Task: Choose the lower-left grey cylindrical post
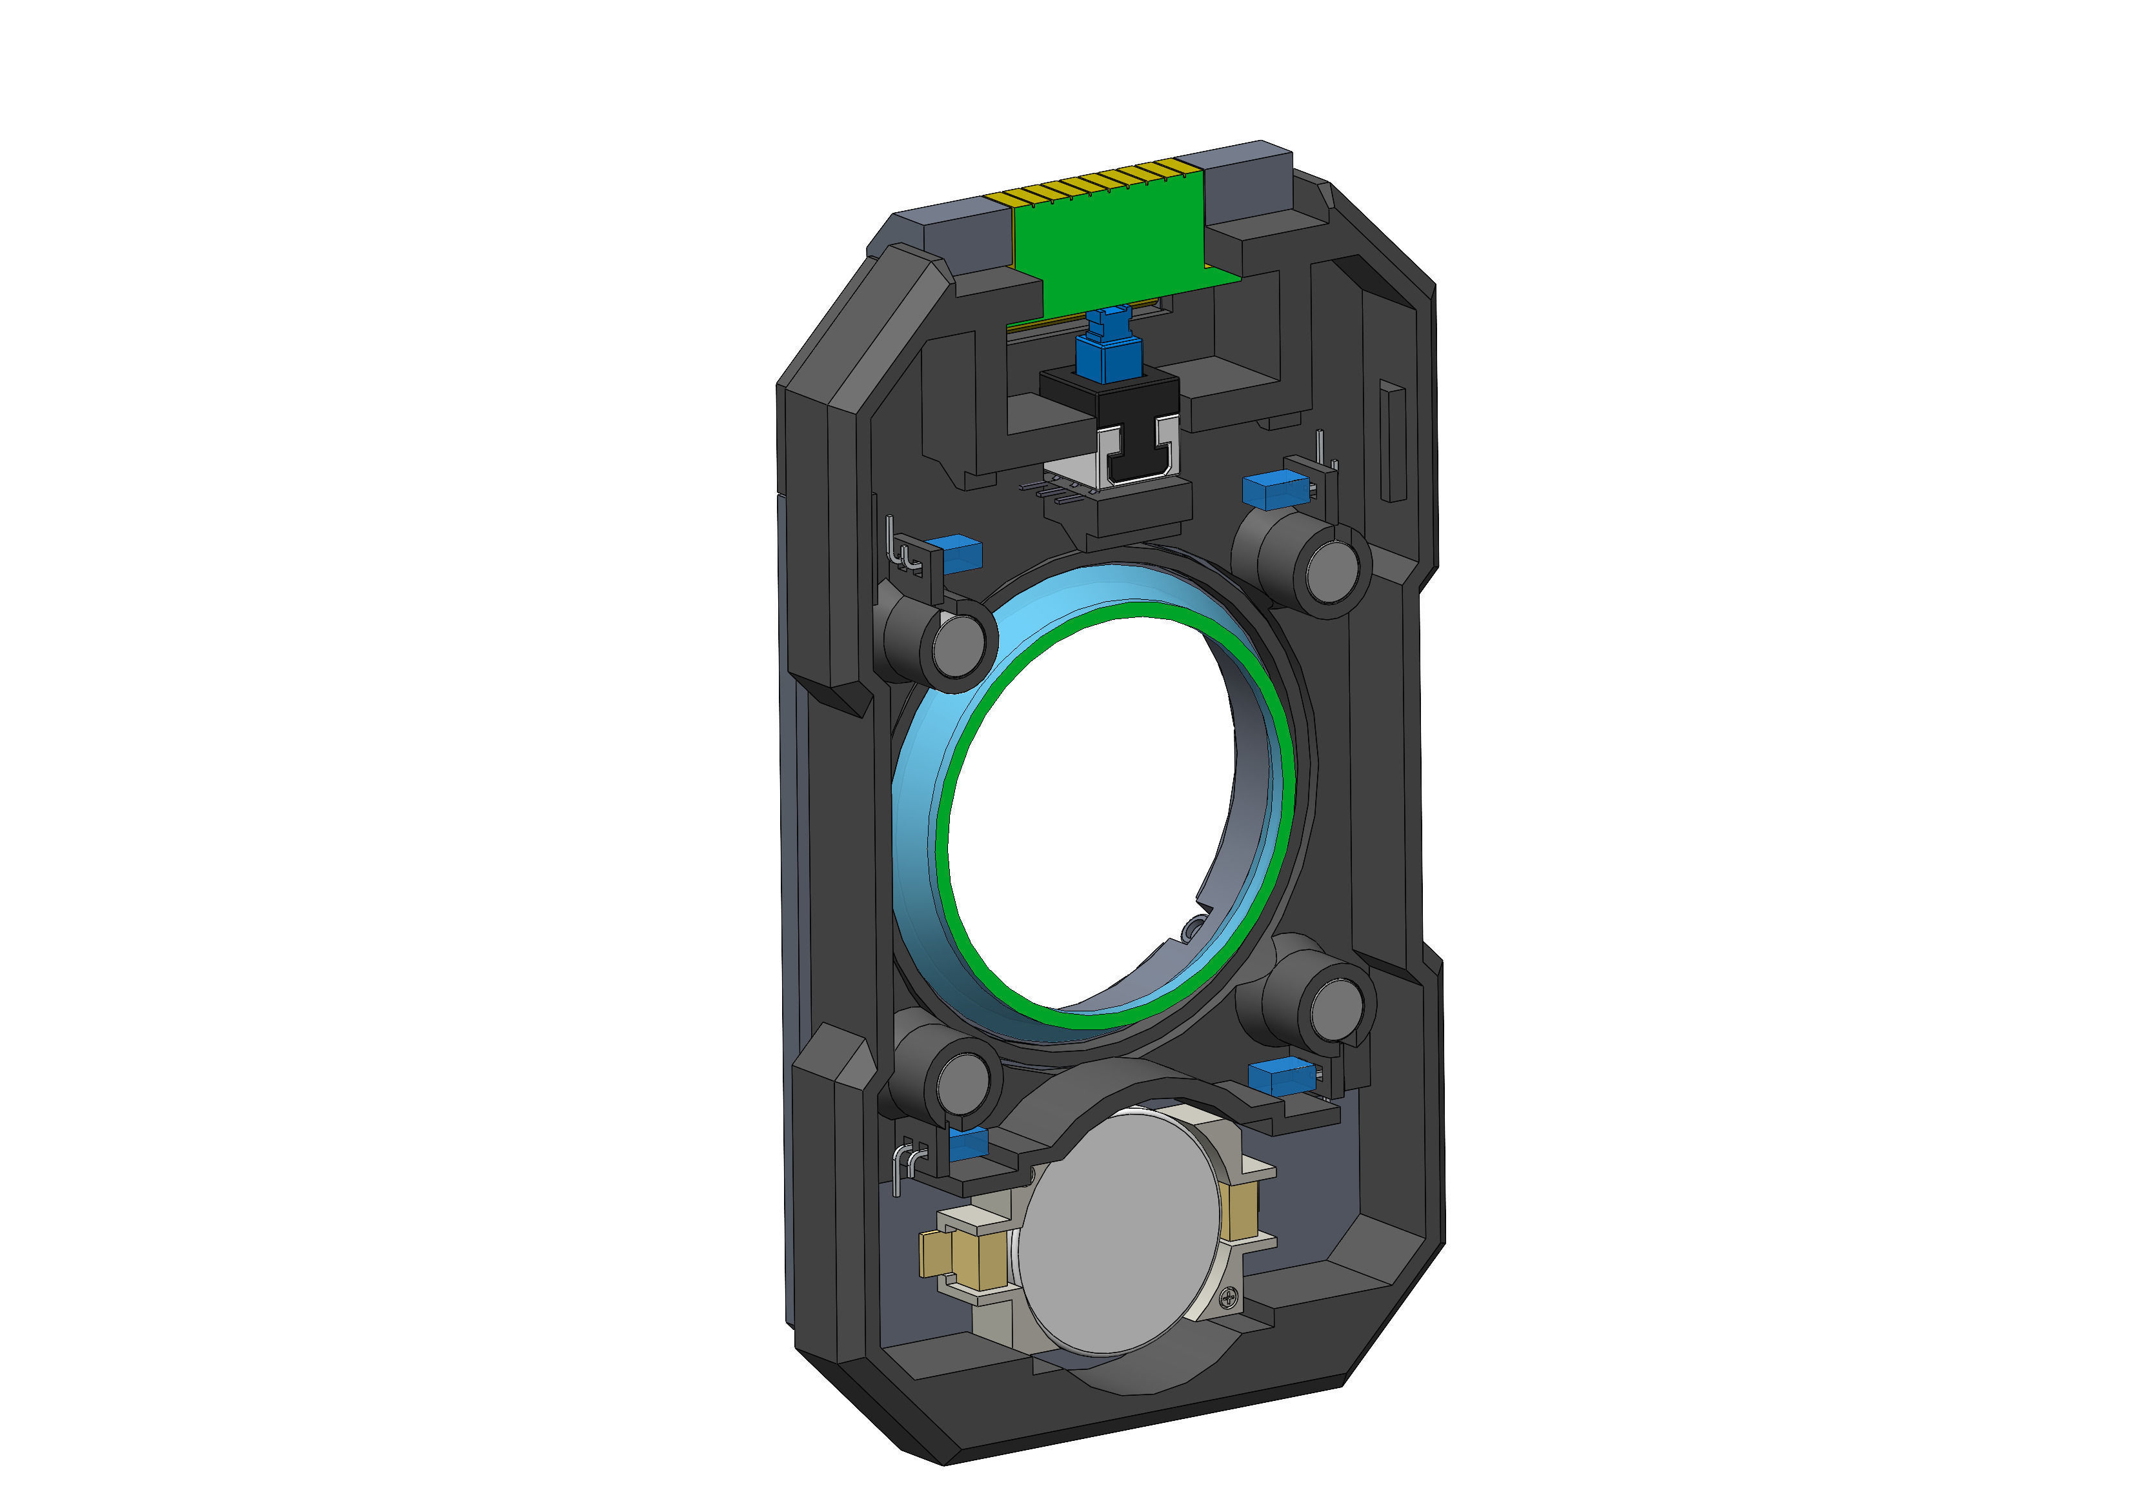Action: [962, 1080]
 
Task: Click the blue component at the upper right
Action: [1273, 489]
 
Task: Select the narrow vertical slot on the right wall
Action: [1391, 441]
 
